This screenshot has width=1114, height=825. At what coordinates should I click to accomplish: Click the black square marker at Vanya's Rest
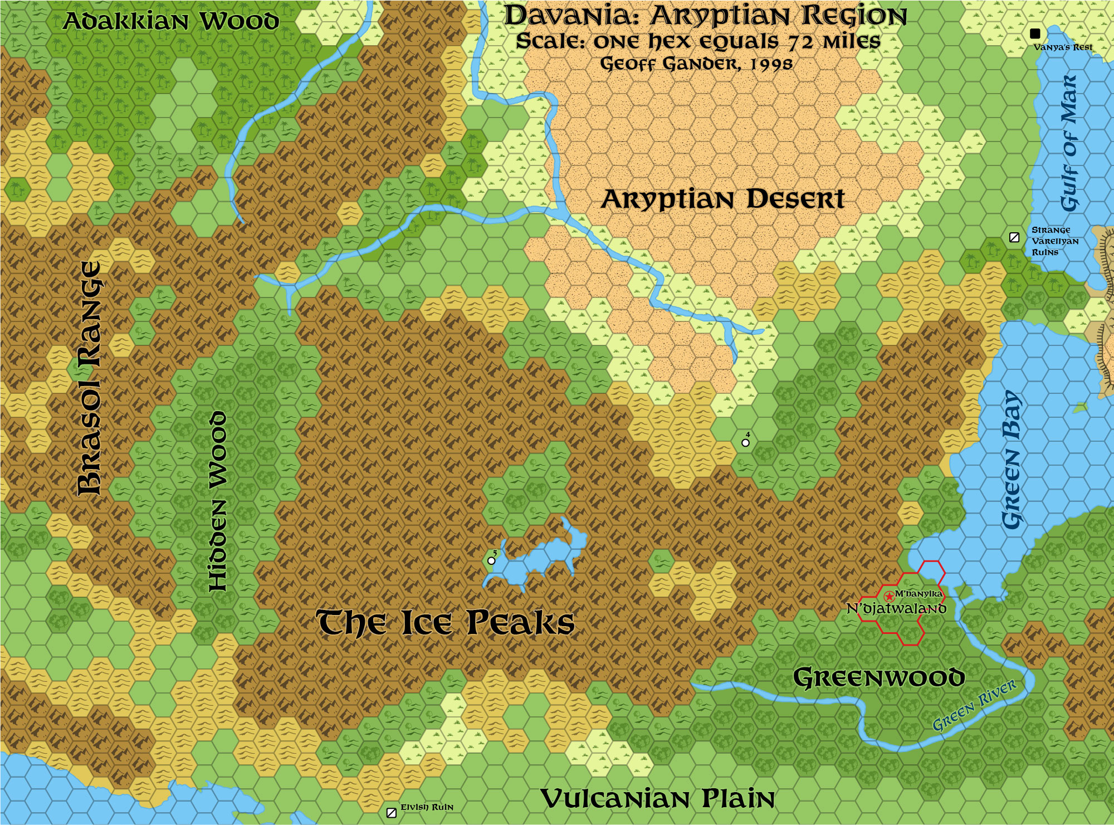click(1035, 33)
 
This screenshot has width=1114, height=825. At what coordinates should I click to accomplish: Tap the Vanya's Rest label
click(1063, 47)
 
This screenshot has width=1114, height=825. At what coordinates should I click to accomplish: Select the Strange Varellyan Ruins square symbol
click(1014, 238)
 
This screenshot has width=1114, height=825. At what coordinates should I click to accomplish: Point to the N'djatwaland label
click(896, 608)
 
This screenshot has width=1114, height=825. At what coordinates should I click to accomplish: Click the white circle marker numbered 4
click(745, 443)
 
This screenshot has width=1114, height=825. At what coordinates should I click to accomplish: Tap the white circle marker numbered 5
click(491, 561)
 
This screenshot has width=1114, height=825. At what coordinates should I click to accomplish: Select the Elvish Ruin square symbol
click(392, 813)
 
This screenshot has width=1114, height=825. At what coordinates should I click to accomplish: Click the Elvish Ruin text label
click(427, 807)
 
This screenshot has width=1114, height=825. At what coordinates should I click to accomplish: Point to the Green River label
click(974, 705)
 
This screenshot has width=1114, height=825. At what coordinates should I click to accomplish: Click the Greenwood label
click(878, 678)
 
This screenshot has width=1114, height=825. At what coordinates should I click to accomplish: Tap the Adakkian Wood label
click(171, 22)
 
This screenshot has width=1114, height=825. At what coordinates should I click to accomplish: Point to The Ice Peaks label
click(446, 622)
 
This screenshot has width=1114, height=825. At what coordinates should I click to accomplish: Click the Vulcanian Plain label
click(657, 799)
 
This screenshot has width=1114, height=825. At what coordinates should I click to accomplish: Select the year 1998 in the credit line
click(771, 64)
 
